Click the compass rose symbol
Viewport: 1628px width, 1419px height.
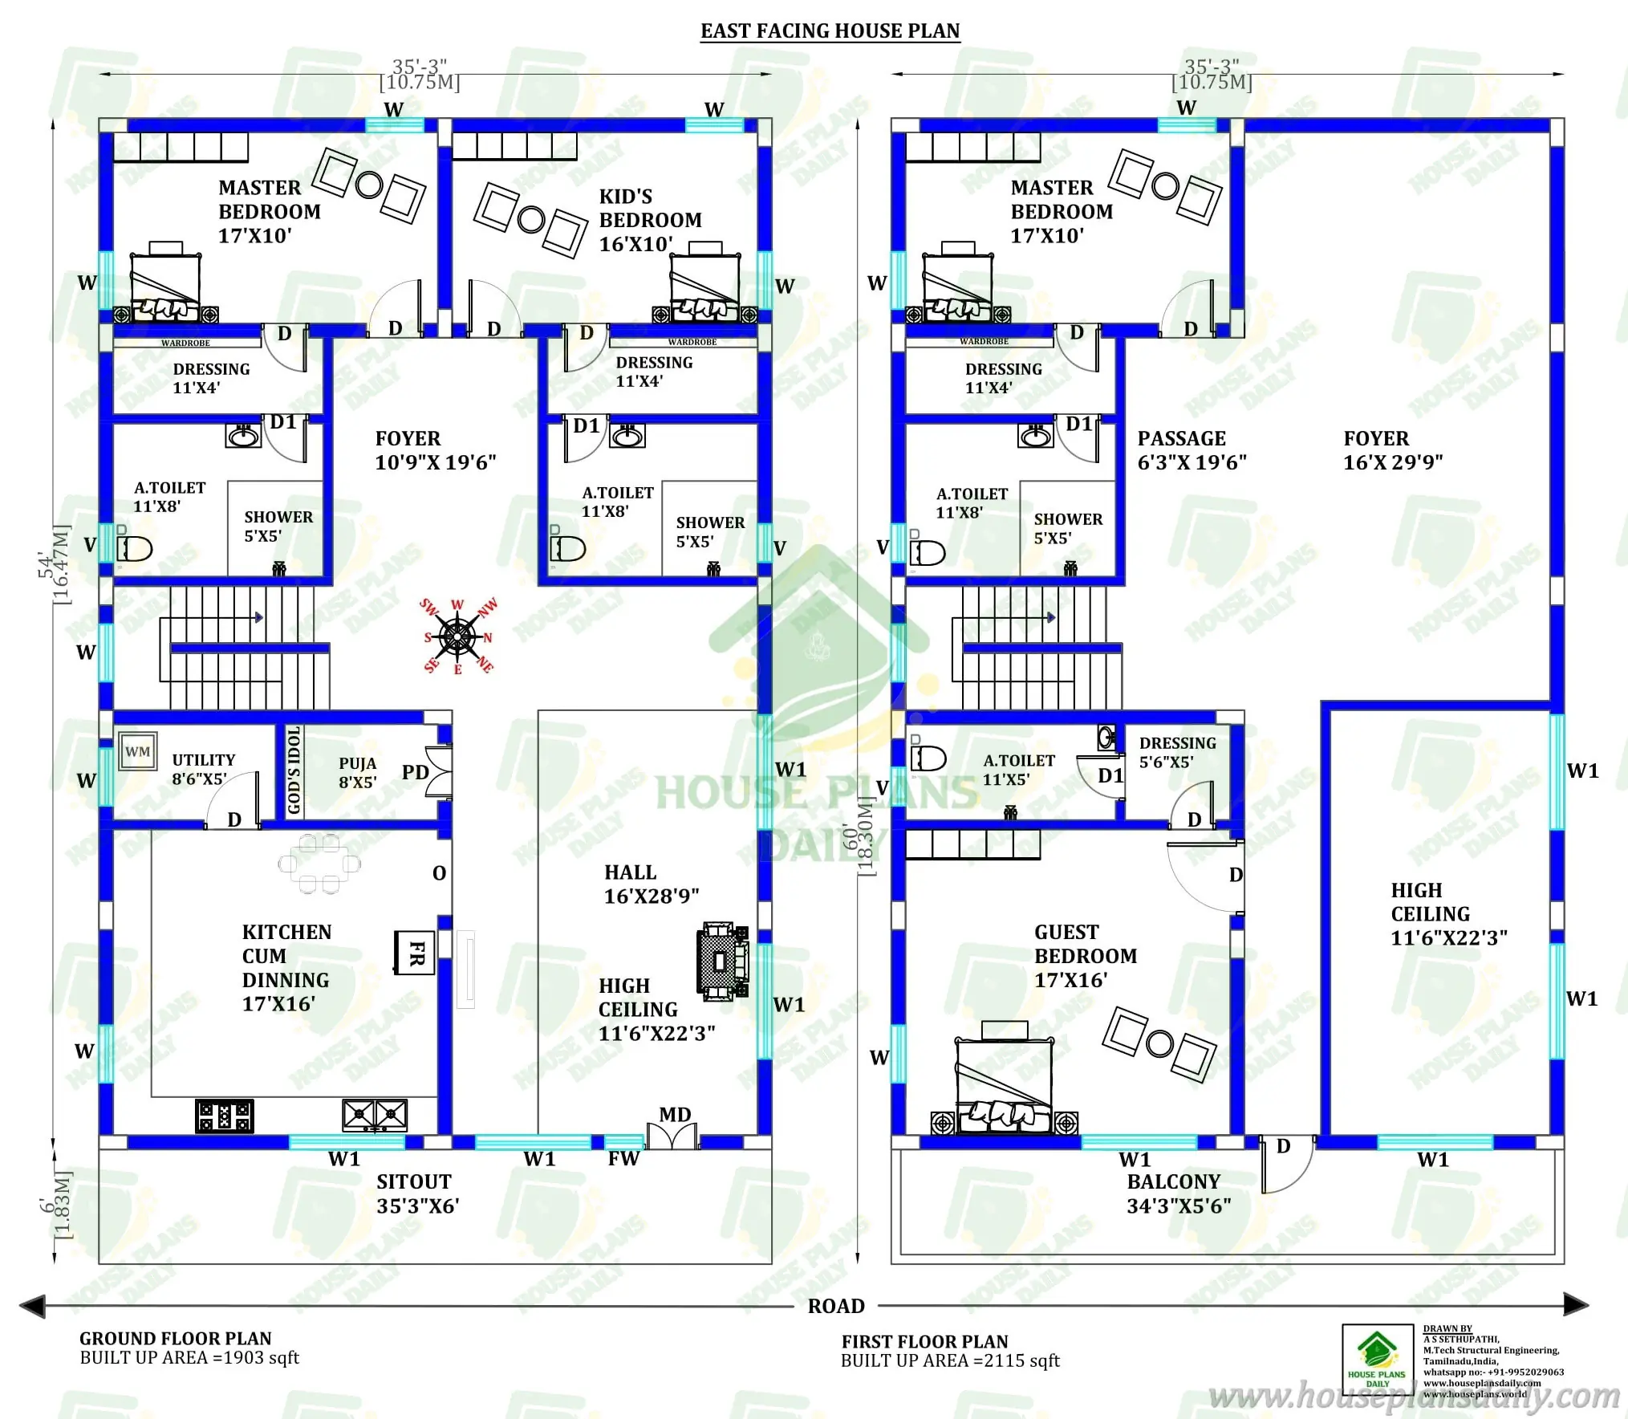(457, 637)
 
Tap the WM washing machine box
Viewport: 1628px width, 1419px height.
(137, 752)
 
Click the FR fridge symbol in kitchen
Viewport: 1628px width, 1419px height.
(415, 953)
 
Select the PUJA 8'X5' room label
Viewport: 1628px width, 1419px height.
(357, 773)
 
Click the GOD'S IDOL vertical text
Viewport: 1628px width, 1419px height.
(294, 770)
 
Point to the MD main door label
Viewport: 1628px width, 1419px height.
(675, 1114)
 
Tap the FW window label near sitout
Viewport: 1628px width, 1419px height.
(623, 1158)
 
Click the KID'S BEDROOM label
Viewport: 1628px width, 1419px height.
(649, 220)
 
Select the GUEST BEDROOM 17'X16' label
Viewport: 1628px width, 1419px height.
(1085, 956)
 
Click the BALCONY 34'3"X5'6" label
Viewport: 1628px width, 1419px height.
(1178, 1193)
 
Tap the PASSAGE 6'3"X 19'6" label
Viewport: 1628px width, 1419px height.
(1192, 450)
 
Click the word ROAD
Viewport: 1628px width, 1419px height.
(836, 1306)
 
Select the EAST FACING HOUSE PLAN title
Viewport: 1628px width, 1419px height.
(830, 31)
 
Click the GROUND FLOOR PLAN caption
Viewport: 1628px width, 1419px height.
(175, 1339)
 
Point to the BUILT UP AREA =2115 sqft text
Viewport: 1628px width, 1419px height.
(950, 1361)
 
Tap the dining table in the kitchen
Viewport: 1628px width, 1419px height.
(319, 864)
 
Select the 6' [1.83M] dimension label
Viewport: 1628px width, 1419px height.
(56, 1205)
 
